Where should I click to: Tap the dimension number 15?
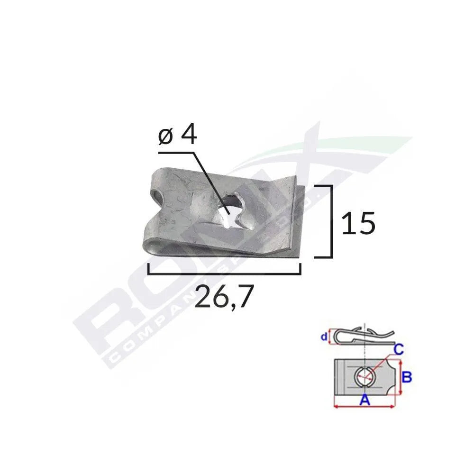(x=358, y=223)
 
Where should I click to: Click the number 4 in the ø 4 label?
(x=188, y=136)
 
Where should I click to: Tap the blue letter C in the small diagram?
(x=399, y=350)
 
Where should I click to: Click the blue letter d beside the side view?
(x=323, y=337)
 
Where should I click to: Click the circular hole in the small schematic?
(x=364, y=378)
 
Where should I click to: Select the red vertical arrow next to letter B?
(x=401, y=378)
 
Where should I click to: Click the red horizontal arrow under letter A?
(x=364, y=406)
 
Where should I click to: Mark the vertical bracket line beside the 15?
(x=330, y=222)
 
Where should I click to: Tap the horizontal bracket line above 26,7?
(x=224, y=273)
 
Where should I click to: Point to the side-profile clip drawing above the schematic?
(x=363, y=335)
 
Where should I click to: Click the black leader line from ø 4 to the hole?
(x=209, y=178)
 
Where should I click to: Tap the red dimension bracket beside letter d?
(x=330, y=337)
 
